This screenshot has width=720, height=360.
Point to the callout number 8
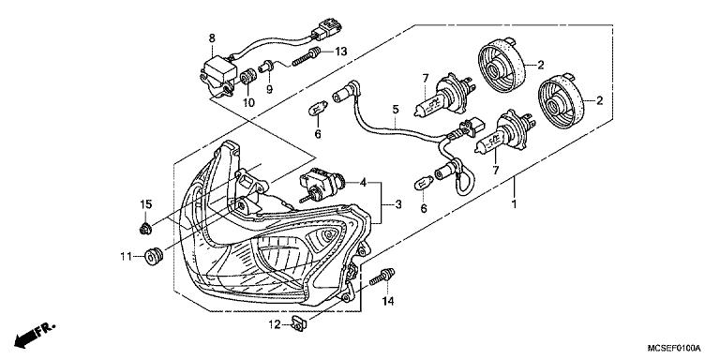212,38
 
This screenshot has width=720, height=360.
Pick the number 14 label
386,303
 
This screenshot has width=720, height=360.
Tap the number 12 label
273,324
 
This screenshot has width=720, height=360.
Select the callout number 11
125,255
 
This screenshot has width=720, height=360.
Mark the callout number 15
145,204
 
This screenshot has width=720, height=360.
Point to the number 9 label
268,90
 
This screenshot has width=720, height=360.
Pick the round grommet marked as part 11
151,255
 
